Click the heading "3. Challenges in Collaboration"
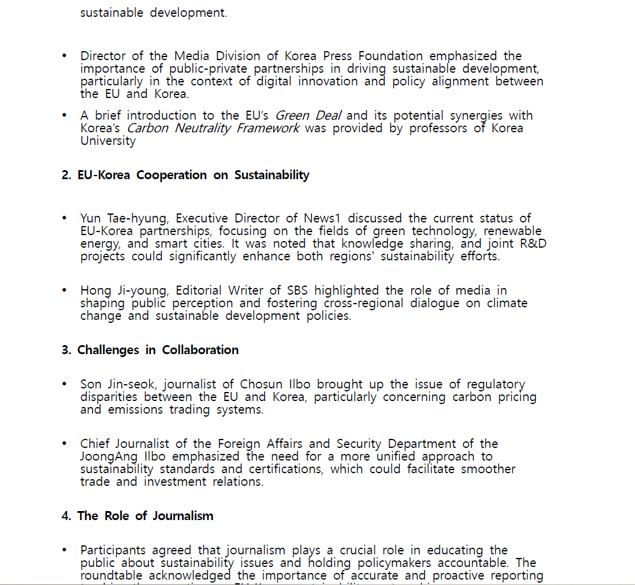coord(150,350)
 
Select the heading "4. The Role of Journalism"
coord(137,516)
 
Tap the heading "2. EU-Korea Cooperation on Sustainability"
coord(185,175)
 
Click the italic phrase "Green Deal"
coord(308,115)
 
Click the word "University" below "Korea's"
coord(108,141)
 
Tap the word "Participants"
coord(112,550)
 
